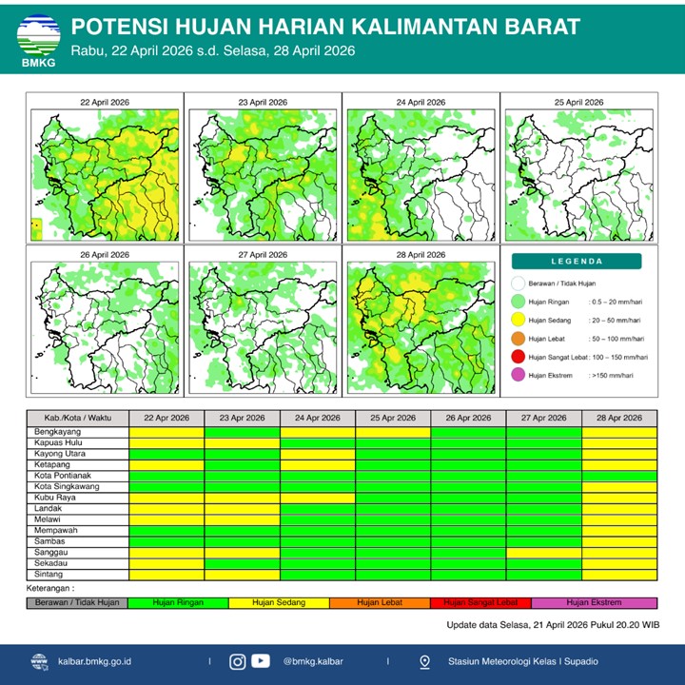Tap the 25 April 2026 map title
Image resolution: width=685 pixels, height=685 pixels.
coord(578,102)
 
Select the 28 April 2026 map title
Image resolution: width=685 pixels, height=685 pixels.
coord(421,255)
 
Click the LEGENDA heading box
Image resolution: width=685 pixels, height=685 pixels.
coord(577,261)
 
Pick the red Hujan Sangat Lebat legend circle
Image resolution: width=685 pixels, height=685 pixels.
coord(519,357)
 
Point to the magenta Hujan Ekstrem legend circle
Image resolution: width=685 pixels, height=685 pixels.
coord(519,375)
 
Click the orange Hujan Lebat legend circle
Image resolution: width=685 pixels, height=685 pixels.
coord(519,339)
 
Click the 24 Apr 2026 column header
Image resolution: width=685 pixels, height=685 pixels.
coord(318,419)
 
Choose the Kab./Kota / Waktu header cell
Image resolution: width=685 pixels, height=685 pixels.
coord(77,419)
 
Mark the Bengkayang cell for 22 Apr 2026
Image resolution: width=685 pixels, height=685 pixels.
coord(166,432)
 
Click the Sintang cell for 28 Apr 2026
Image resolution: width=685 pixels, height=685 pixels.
coord(618,574)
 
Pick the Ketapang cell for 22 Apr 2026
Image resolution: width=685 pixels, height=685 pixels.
coord(166,464)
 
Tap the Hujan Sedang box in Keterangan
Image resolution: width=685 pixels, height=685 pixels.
coord(279,602)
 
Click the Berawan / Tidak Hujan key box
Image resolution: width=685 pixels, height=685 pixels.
coord(77,602)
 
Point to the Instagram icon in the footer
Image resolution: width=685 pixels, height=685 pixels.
coord(237,661)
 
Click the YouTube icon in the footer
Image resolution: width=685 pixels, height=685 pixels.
coord(260,661)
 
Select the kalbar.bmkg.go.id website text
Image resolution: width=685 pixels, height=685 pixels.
coord(94,661)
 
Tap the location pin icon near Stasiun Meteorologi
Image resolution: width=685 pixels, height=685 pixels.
coord(424,661)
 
